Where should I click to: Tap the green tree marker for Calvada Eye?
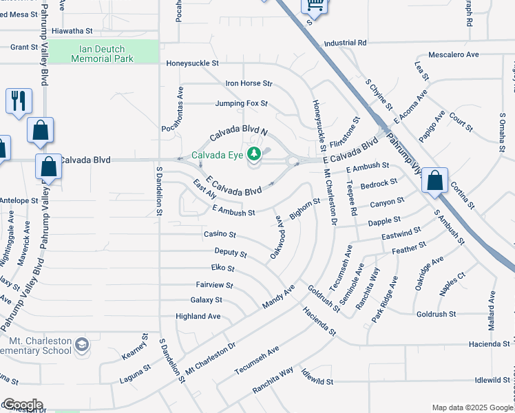coord(254,153)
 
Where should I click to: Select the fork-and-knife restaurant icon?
coord(19,100)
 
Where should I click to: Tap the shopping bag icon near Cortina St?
coord(434,181)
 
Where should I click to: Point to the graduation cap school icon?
coord(81,343)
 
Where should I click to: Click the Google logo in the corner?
coord(22,405)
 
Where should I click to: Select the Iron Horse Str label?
coord(249,83)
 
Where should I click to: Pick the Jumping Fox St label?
coord(241,104)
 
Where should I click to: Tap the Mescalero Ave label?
coord(453,54)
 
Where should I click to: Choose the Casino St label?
coord(220,235)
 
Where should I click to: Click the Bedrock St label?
coord(379,183)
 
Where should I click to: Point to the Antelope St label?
coord(19,200)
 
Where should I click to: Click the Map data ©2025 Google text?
coord(472,407)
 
